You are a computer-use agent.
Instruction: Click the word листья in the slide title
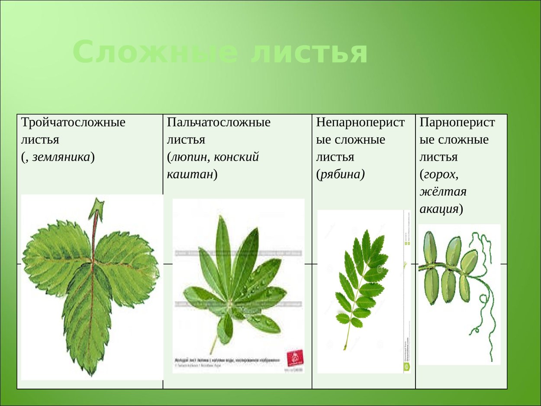pos(309,52)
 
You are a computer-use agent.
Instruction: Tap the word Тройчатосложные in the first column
pos(74,122)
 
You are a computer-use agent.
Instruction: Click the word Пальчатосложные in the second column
pos(219,122)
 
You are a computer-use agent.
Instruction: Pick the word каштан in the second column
pos(190,174)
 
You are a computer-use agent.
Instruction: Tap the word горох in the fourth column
pos(440,174)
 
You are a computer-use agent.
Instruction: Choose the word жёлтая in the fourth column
pos(443,192)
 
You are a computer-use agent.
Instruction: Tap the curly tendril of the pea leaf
pos(485,303)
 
